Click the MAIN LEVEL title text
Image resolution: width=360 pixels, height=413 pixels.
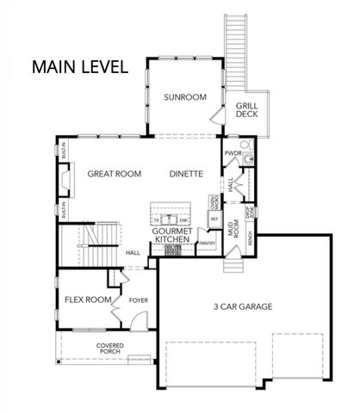(80, 66)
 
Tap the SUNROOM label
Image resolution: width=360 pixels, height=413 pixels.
(184, 97)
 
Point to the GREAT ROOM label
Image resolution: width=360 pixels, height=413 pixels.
(114, 174)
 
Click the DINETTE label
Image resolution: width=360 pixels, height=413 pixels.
(186, 174)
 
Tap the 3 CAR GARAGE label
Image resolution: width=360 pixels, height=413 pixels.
(244, 306)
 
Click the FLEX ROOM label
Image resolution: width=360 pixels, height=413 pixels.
(88, 300)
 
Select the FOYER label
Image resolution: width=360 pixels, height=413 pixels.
(139, 301)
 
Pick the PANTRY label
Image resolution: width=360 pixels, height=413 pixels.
(206, 244)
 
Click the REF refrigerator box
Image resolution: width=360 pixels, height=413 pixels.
(214, 219)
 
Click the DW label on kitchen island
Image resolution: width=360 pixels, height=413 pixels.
(183, 221)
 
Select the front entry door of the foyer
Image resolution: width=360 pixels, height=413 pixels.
(134, 324)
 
